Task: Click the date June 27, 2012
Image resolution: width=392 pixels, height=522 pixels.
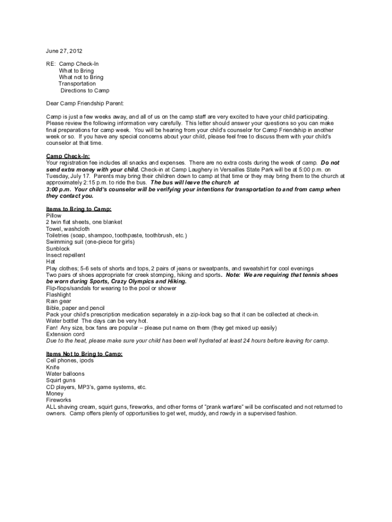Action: pos(64,51)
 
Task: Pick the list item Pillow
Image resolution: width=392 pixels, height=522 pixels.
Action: pos(53,216)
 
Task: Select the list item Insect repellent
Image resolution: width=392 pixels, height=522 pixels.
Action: pos(66,255)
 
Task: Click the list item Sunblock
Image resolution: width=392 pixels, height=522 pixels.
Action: pos(58,249)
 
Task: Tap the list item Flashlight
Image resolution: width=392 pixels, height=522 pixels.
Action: pos(59,295)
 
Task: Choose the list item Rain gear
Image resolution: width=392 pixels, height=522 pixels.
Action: pos(59,302)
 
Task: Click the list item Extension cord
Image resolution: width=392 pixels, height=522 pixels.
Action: pos(65,334)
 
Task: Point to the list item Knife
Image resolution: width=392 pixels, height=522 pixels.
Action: pos(52,368)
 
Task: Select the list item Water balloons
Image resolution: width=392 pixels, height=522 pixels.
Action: pos(65,374)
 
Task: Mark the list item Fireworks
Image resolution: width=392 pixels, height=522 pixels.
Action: pos(59,401)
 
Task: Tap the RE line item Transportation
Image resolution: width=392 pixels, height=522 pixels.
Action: pos(77,84)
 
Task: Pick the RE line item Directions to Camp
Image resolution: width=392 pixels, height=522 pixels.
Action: pos(85,91)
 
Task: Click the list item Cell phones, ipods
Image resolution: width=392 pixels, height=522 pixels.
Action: pos(70,361)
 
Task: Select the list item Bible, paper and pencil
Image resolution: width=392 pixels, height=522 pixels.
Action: pos(75,308)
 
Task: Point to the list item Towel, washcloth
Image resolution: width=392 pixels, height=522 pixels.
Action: pos(68,229)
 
